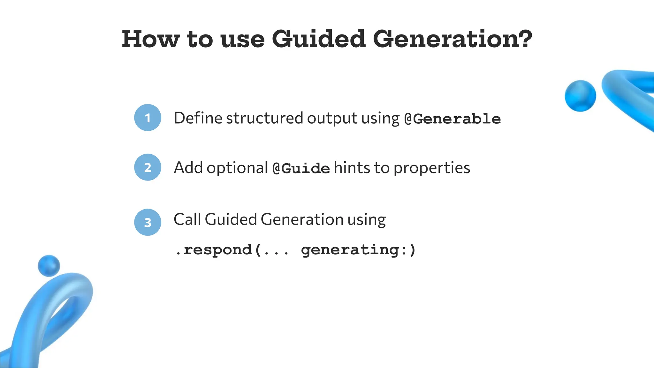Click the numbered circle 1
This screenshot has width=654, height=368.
[148, 118]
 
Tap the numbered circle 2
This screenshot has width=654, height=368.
[148, 167]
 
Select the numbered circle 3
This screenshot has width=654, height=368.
[148, 222]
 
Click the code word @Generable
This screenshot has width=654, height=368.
[452, 119]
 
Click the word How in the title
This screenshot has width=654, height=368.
[150, 39]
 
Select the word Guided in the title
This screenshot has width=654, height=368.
[318, 39]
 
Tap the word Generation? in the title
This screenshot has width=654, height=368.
[452, 39]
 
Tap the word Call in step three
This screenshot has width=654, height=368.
[187, 219]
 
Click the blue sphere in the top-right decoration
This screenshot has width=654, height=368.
[580, 96]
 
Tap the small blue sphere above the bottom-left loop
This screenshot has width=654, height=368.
[49, 265]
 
